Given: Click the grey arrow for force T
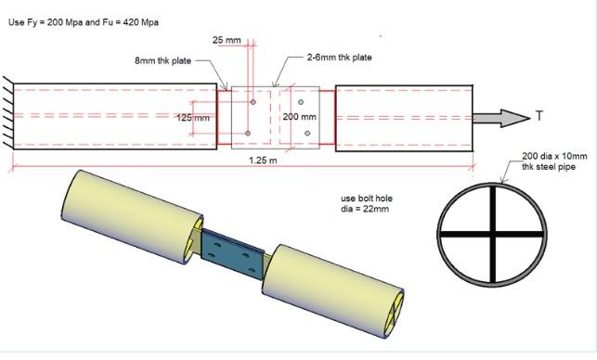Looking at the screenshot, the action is coord(501,118).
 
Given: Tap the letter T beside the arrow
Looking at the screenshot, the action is coord(539,115).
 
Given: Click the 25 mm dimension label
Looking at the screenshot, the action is coord(227,40).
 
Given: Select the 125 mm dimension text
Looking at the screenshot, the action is coord(193,118).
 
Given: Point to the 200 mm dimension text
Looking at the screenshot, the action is coord(300,117).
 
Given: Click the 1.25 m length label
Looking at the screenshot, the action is coord(263,161).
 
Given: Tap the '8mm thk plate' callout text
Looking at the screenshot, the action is coord(163,61).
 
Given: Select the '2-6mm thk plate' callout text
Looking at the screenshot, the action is coord(339,58).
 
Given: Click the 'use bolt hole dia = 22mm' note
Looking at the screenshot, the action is coord(366,203).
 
